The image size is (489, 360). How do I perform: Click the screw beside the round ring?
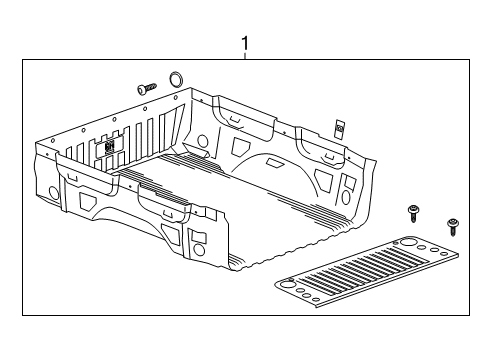click(x=148, y=88)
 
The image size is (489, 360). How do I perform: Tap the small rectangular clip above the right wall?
click(x=339, y=128)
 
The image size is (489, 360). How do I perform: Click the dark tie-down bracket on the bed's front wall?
click(x=109, y=144)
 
